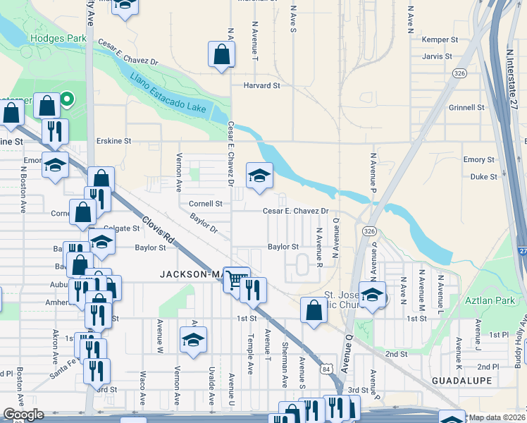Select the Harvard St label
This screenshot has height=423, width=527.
261,85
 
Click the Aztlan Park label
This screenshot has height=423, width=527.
485,300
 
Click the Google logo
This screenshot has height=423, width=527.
23,415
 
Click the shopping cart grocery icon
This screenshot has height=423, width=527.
236,280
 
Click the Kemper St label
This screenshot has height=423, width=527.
440,40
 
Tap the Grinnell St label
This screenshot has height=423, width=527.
466,108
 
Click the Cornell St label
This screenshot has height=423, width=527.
206,204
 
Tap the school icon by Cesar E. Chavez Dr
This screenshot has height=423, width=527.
259,176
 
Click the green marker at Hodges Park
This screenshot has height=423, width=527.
67,99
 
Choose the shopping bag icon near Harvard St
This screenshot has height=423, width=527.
221,54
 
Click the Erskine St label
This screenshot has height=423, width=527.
114,141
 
